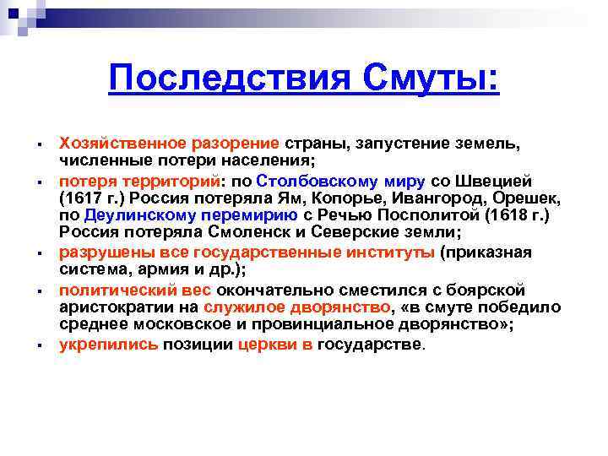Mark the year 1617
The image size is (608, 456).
(x=84, y=198)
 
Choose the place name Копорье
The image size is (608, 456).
(x=314, y=198)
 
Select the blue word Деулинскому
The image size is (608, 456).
(x=133, y=215)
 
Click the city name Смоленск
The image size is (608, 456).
(x=268, y=233)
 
